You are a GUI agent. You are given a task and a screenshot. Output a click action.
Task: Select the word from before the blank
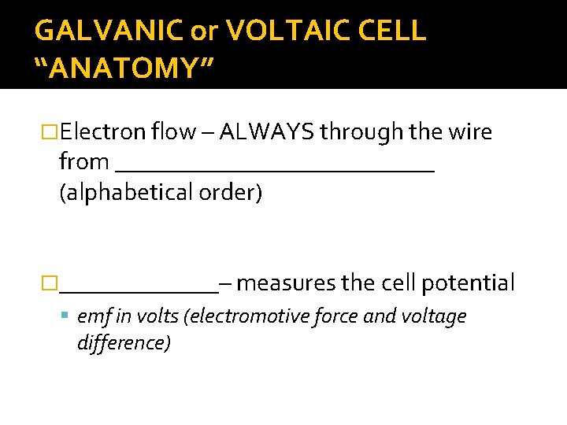(83, 161)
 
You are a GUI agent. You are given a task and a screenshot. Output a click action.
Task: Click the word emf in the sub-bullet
(91, 316)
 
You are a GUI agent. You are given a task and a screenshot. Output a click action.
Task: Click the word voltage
(434, 316)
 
